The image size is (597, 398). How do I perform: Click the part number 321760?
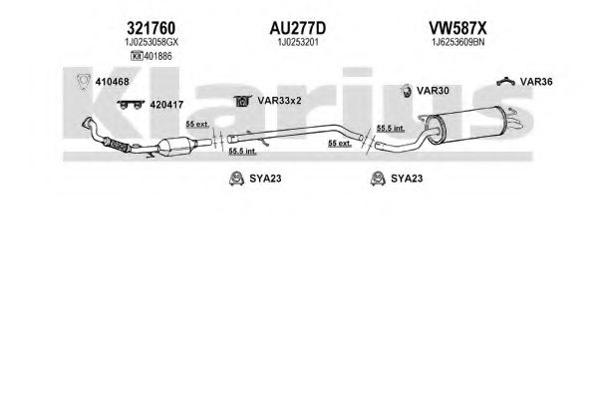click(150, 28)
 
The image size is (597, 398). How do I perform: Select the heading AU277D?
click(298, 28)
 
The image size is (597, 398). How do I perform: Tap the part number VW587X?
click(457, 28)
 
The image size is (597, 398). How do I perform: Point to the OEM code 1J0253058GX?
click(151, 42)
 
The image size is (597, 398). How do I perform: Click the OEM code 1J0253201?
click(298, 42)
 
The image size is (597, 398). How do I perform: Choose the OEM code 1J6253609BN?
click(457, 42)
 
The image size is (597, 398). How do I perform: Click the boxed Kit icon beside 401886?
click(137, 56)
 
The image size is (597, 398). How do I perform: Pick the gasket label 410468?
click(112, 82)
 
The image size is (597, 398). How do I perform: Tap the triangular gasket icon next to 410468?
click(83, 82)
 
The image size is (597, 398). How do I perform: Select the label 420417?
click(166, 105)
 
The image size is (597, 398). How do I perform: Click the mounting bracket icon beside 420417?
click(131, 104)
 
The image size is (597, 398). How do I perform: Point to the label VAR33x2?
click(279, 101)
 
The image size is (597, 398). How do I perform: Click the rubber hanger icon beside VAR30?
click(407, 91)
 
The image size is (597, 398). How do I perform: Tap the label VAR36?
click(536, 82)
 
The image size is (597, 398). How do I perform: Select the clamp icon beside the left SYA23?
click(236, 179)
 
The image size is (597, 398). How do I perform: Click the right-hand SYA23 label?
click(407, 179)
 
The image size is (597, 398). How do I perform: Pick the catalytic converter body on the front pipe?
click(174, 147)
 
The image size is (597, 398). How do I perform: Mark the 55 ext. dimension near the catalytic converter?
click(197, 125)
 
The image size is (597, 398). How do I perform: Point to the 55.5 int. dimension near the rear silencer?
click(391, 129)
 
